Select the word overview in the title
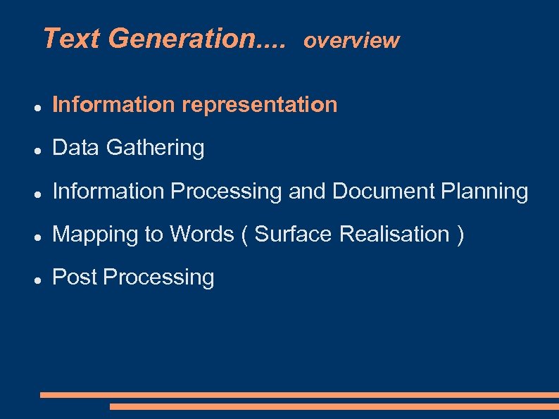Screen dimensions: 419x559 pyautogui.click(x=351, y=41)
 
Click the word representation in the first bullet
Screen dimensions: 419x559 pyautogui.click(x=260, y=105)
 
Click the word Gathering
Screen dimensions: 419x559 pyautogui.click(x=155, y=149)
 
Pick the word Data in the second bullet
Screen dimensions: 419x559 pyautogui.click(x=76, y=148)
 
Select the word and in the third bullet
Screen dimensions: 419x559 pyautogui.click(x=307, y=192)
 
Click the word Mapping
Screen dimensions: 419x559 pyautogui.click(x=96, y=234)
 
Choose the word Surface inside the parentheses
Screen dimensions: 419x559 pyautogui.click(x=293, y=234)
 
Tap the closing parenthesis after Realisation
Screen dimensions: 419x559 pyautogui.click(x=460, y=234)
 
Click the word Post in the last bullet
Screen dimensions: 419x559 pyautogui.click(x=75, y=277)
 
